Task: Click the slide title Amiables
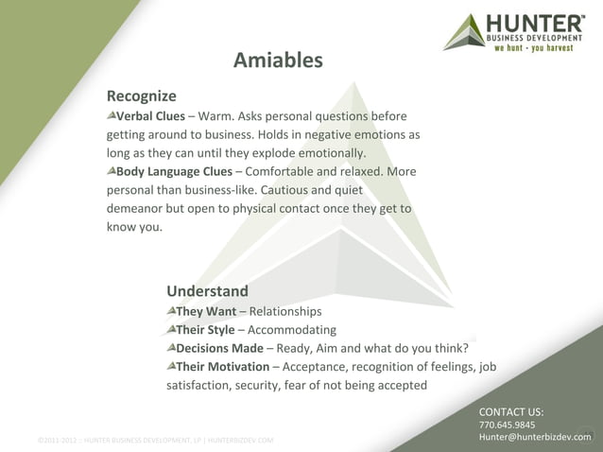pos(278,61)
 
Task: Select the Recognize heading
pos(141,96)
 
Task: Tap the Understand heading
pos(207,290)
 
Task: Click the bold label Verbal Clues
pos(150,116)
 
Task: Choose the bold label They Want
pos(206,311)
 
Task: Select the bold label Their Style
pos(205,329)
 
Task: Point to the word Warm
pos(215,116)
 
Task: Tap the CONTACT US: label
pos(510,411)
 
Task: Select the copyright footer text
pos(155,440)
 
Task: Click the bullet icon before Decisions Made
pos(170,347)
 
